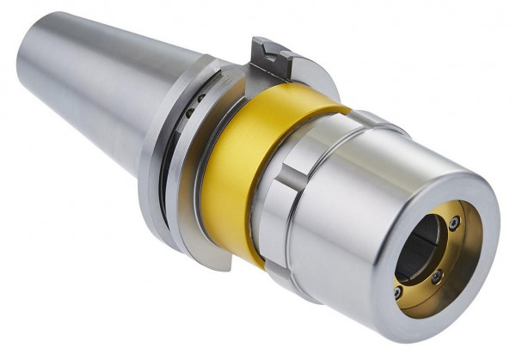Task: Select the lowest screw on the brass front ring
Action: (x=397, y=291)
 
